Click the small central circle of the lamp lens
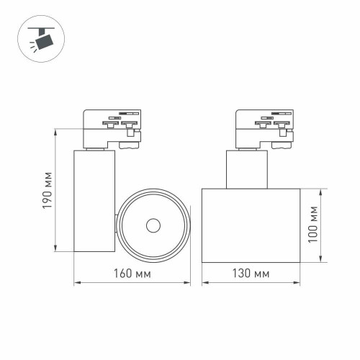[153, 226]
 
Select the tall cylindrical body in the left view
[94, 201]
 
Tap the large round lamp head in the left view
[153, 226]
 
